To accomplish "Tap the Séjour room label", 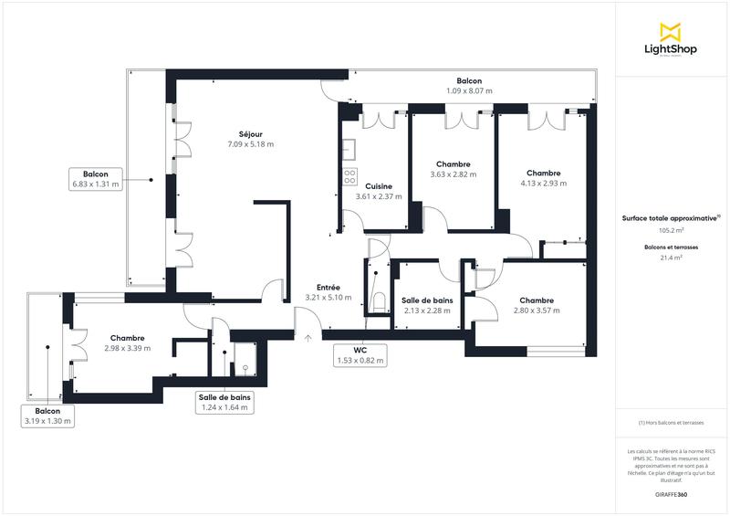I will [x=251, y=134].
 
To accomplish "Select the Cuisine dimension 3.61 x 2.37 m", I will [x=379, y=196].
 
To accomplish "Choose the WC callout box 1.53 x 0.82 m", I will [x=360, y=355].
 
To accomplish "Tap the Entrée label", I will [x=328, y=288].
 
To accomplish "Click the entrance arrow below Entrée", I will [x=308, y=338].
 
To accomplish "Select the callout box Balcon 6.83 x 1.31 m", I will [x=96, y=179].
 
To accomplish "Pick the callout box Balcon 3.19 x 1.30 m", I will [x=47, y=416].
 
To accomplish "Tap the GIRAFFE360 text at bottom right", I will [x=671, y=492].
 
